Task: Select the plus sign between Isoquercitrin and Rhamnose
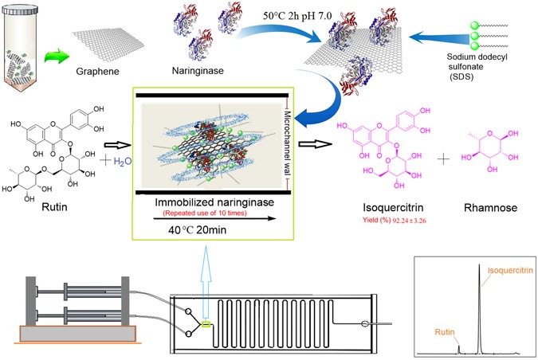click(x=442, y=158)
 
